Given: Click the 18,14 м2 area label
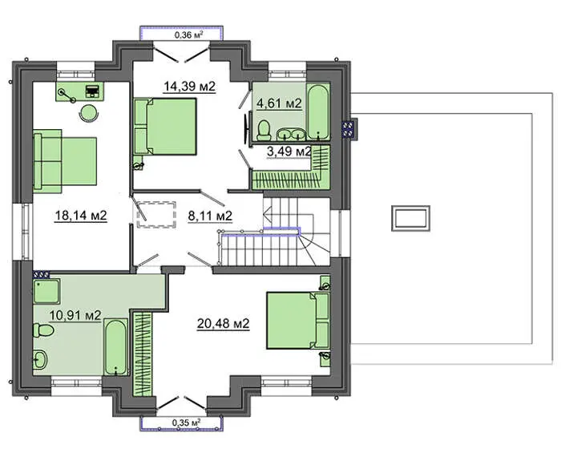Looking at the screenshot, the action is coord(81,216).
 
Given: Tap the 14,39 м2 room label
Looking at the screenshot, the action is coord(190,87).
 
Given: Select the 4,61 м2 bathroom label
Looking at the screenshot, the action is coord(280,103).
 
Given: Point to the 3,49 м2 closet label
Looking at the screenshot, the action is coord(289,152).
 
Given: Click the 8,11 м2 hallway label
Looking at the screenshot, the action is coord(210,216).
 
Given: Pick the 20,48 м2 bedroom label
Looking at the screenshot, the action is coord(224,324).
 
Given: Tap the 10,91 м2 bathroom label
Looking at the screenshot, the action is coord(75,315).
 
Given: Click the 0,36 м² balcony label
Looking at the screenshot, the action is coord(189,34).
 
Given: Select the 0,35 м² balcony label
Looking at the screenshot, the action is coord(186,423).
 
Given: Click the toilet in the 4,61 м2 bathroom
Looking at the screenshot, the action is coord(264,130).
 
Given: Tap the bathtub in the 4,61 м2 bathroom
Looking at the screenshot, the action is coord(318,111).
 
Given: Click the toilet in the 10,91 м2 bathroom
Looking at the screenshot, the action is coord(43,330).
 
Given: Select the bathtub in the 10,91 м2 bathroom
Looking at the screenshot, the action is coord(115,347).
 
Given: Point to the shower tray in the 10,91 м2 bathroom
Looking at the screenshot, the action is coord(46,291).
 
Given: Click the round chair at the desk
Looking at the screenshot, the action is coord(89,113).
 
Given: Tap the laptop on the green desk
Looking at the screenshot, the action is coord(92,91).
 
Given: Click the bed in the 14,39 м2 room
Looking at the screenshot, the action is coord(165,127).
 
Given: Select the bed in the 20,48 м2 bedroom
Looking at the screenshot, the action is coord(298,321).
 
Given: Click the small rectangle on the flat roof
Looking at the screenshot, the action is coord(410,218).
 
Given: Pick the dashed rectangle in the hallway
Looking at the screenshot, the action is coord(156,215).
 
